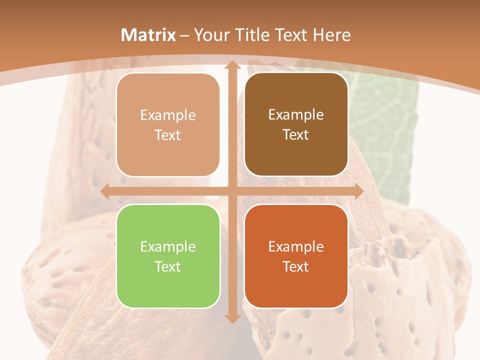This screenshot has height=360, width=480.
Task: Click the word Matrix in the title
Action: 148,35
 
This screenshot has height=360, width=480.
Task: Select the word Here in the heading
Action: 332,35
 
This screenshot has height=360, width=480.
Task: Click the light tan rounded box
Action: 168,125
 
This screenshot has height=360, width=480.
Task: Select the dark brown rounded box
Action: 296,125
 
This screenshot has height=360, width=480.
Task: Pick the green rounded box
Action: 168,256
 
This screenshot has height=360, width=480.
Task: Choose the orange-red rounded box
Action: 296,256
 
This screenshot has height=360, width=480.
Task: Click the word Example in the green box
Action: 168,246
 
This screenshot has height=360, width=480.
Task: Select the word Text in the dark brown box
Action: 296,135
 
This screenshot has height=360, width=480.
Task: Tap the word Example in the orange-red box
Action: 296,246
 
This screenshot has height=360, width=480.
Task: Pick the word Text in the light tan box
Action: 168,135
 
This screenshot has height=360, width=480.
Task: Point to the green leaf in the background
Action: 392,135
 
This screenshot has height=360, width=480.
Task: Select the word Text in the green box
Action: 168,266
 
